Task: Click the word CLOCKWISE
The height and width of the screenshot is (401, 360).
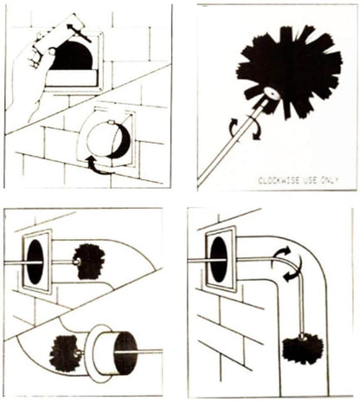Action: tap(279, 180)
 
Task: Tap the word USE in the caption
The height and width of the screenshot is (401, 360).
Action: tap(311, 180)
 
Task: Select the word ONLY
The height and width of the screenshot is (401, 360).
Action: tap(330, 180)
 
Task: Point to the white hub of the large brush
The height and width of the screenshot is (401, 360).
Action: tap(273, 94)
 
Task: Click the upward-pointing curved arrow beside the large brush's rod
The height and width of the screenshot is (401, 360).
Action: tap(234, 127)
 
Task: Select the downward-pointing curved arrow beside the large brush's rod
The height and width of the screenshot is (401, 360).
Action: tap(255, 129)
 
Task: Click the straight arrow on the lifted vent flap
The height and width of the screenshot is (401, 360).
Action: tap(79, 33)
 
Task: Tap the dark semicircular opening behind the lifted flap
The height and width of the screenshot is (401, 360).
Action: tap(72, 55)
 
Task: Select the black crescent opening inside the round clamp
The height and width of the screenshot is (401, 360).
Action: tap(121, 142)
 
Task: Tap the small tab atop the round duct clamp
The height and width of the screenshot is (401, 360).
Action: tap(111, 122)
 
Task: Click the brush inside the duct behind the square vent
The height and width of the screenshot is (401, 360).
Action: tap(88, 262)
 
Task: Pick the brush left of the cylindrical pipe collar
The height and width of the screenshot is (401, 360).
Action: tap(65, 353)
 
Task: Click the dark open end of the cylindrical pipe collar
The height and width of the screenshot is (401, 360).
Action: tap(125, 352)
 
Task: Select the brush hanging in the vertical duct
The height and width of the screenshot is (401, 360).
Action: tap(303, 348)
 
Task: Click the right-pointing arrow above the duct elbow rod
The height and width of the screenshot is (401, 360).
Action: tap(282, 252)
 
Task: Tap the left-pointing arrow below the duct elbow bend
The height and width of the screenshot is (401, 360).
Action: tap(293, 271)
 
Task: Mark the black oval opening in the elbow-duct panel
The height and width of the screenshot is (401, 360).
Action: tap(219, 260)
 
